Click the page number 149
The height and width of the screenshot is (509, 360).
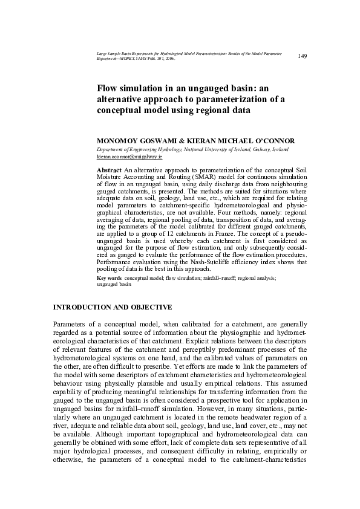303,56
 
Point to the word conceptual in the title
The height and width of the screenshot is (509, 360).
120,111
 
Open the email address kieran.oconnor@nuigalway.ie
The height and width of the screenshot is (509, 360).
125,156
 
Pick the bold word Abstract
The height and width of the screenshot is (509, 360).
110,171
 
